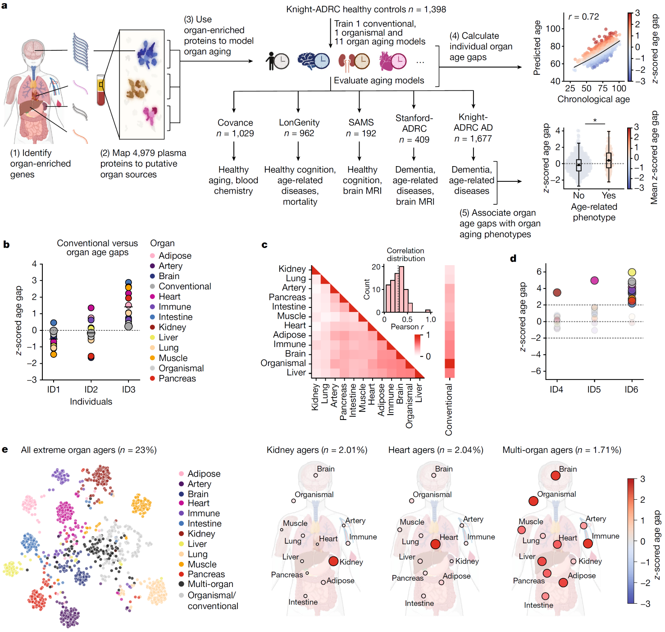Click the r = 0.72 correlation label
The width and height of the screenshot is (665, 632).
click(x=583, y=17)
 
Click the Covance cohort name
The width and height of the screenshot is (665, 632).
click(x=235, y=122)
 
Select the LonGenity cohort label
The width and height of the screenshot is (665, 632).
click(x=299, y=122)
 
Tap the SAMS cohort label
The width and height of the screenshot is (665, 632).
click(x=361, y=122)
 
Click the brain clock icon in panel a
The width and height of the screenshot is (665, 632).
click(x=314, y=60)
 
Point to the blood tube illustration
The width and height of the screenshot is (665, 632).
click(x=101, y=90)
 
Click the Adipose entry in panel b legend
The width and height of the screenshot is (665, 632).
click(x=175, y=256)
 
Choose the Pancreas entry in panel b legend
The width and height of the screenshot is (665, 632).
click(x=177, y=379)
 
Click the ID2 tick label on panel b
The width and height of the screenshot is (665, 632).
click(x=91, y=389)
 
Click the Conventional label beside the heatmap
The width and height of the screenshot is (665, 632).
click(x=449, y=410)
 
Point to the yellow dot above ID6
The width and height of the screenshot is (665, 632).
click(x=632, y=272)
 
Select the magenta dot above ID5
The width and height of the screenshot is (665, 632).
click(x=594, y=280)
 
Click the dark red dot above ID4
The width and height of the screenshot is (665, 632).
click(x=557, y=293)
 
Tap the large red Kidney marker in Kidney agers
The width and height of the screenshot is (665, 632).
click(x=333, y=561)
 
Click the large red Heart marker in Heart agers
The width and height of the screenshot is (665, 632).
click(x=435, y=544)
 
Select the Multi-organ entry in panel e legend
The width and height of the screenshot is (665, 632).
click(x=210, y=584)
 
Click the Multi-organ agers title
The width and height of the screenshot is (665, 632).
click(x=561, y=450)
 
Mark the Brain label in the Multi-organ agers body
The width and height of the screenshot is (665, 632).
click(x=568, y=469)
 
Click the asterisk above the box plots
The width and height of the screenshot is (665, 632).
click(x=595, y=120)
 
